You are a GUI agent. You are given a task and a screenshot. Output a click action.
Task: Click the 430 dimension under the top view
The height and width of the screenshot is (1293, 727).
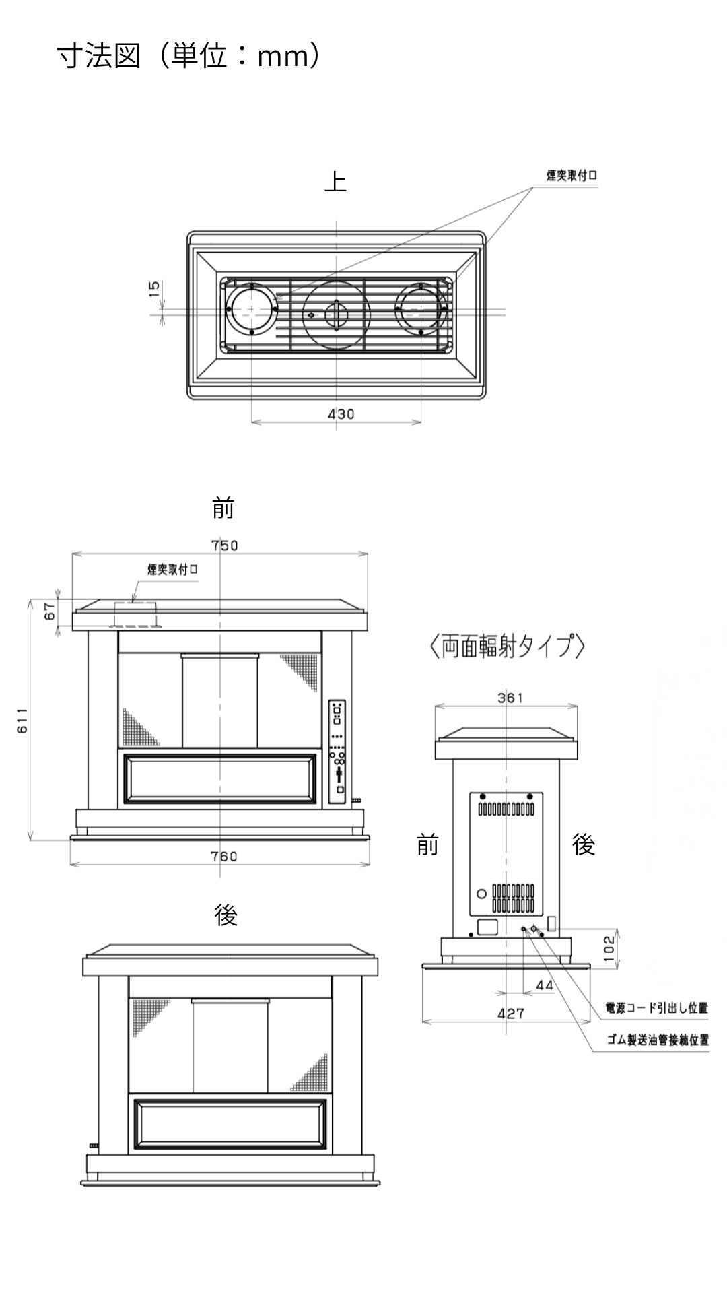(341, 414)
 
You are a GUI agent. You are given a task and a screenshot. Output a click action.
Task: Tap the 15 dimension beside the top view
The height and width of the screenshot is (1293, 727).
(154, 289)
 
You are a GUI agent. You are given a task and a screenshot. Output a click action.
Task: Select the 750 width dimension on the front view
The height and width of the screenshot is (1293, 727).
(224, 545)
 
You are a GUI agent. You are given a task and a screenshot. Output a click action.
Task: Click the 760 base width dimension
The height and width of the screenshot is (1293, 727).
(224, 856)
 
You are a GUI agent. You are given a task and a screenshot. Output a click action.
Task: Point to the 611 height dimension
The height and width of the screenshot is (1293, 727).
(22, 720)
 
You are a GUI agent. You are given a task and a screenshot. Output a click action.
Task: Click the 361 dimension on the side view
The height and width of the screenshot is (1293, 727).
(510, 698)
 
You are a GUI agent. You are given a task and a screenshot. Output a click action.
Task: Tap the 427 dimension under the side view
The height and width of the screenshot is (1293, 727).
(510, 1013)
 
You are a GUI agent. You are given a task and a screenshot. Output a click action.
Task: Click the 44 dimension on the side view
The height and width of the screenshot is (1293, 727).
(545, 985)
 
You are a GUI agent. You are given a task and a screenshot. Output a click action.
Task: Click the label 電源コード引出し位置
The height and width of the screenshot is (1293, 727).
(656, 1008)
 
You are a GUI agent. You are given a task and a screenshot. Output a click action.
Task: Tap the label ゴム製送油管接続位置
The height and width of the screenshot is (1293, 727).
(658, 1040)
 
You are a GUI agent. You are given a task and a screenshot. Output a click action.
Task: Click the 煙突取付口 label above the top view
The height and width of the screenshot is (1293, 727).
(572, 175)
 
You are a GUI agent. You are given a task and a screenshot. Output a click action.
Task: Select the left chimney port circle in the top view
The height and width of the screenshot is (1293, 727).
(252, 310)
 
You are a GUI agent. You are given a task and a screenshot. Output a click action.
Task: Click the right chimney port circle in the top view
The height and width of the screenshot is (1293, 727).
(421, 310)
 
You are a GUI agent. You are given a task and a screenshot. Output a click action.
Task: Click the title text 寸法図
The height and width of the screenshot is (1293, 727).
(98, 57)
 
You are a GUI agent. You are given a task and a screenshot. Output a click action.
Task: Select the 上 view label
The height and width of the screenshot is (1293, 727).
(335, 182)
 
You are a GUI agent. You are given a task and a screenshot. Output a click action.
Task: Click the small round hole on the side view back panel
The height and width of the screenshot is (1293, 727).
(481, 894)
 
